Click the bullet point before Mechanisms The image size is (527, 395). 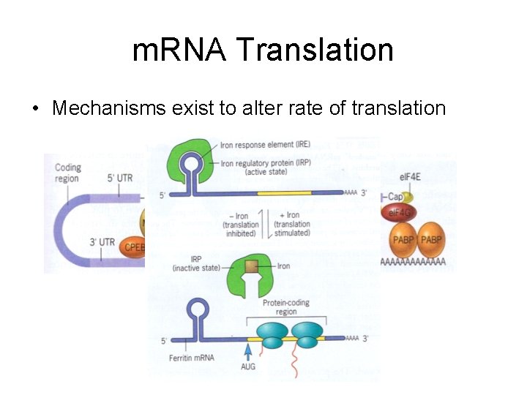click(34, 109)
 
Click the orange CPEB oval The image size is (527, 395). click(134, 248)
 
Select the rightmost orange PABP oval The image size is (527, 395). click(431, 240)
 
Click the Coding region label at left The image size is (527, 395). click(67, 173)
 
